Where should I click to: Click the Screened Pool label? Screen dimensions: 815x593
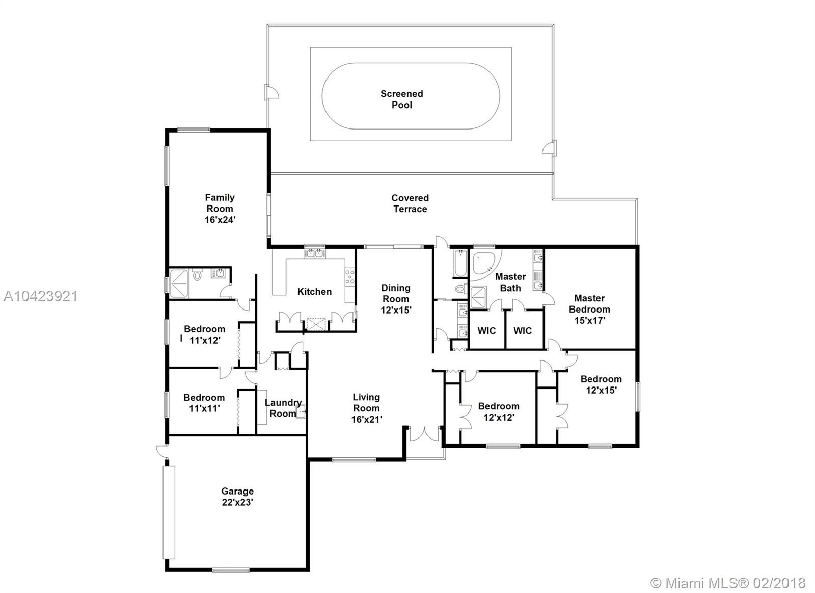(402, 99)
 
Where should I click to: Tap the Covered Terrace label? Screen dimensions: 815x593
(410, 203)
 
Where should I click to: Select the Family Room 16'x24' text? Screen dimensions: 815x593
(220, 209)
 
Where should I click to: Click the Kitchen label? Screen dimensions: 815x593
(314, 291)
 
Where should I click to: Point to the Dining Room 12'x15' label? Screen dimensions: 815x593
(396, 299)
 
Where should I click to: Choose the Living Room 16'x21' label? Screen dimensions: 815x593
(366, 408)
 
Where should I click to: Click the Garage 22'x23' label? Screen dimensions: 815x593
(237, 497)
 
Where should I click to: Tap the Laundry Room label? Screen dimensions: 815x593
(283, 408)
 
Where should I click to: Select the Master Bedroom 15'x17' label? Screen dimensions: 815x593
(589, 310)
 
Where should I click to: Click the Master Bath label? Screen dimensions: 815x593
(510, 282)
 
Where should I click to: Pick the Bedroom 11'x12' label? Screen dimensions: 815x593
(204, 334)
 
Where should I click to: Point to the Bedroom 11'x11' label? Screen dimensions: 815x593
(204, 403)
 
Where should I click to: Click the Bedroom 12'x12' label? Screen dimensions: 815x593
(499, 411)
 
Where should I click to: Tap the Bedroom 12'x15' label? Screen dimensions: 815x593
(601, 384)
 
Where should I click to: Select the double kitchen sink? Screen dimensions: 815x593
(314, 253)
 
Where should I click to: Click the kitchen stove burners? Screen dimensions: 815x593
(349, 277)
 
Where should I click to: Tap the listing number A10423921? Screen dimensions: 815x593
(40, 297)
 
